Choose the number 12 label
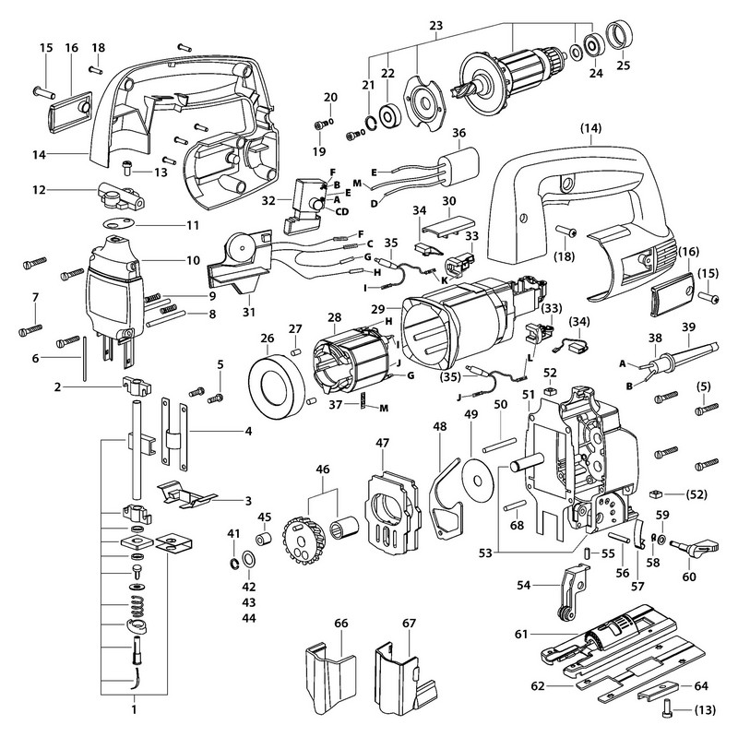pyautogui.click(x=64, y=191)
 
